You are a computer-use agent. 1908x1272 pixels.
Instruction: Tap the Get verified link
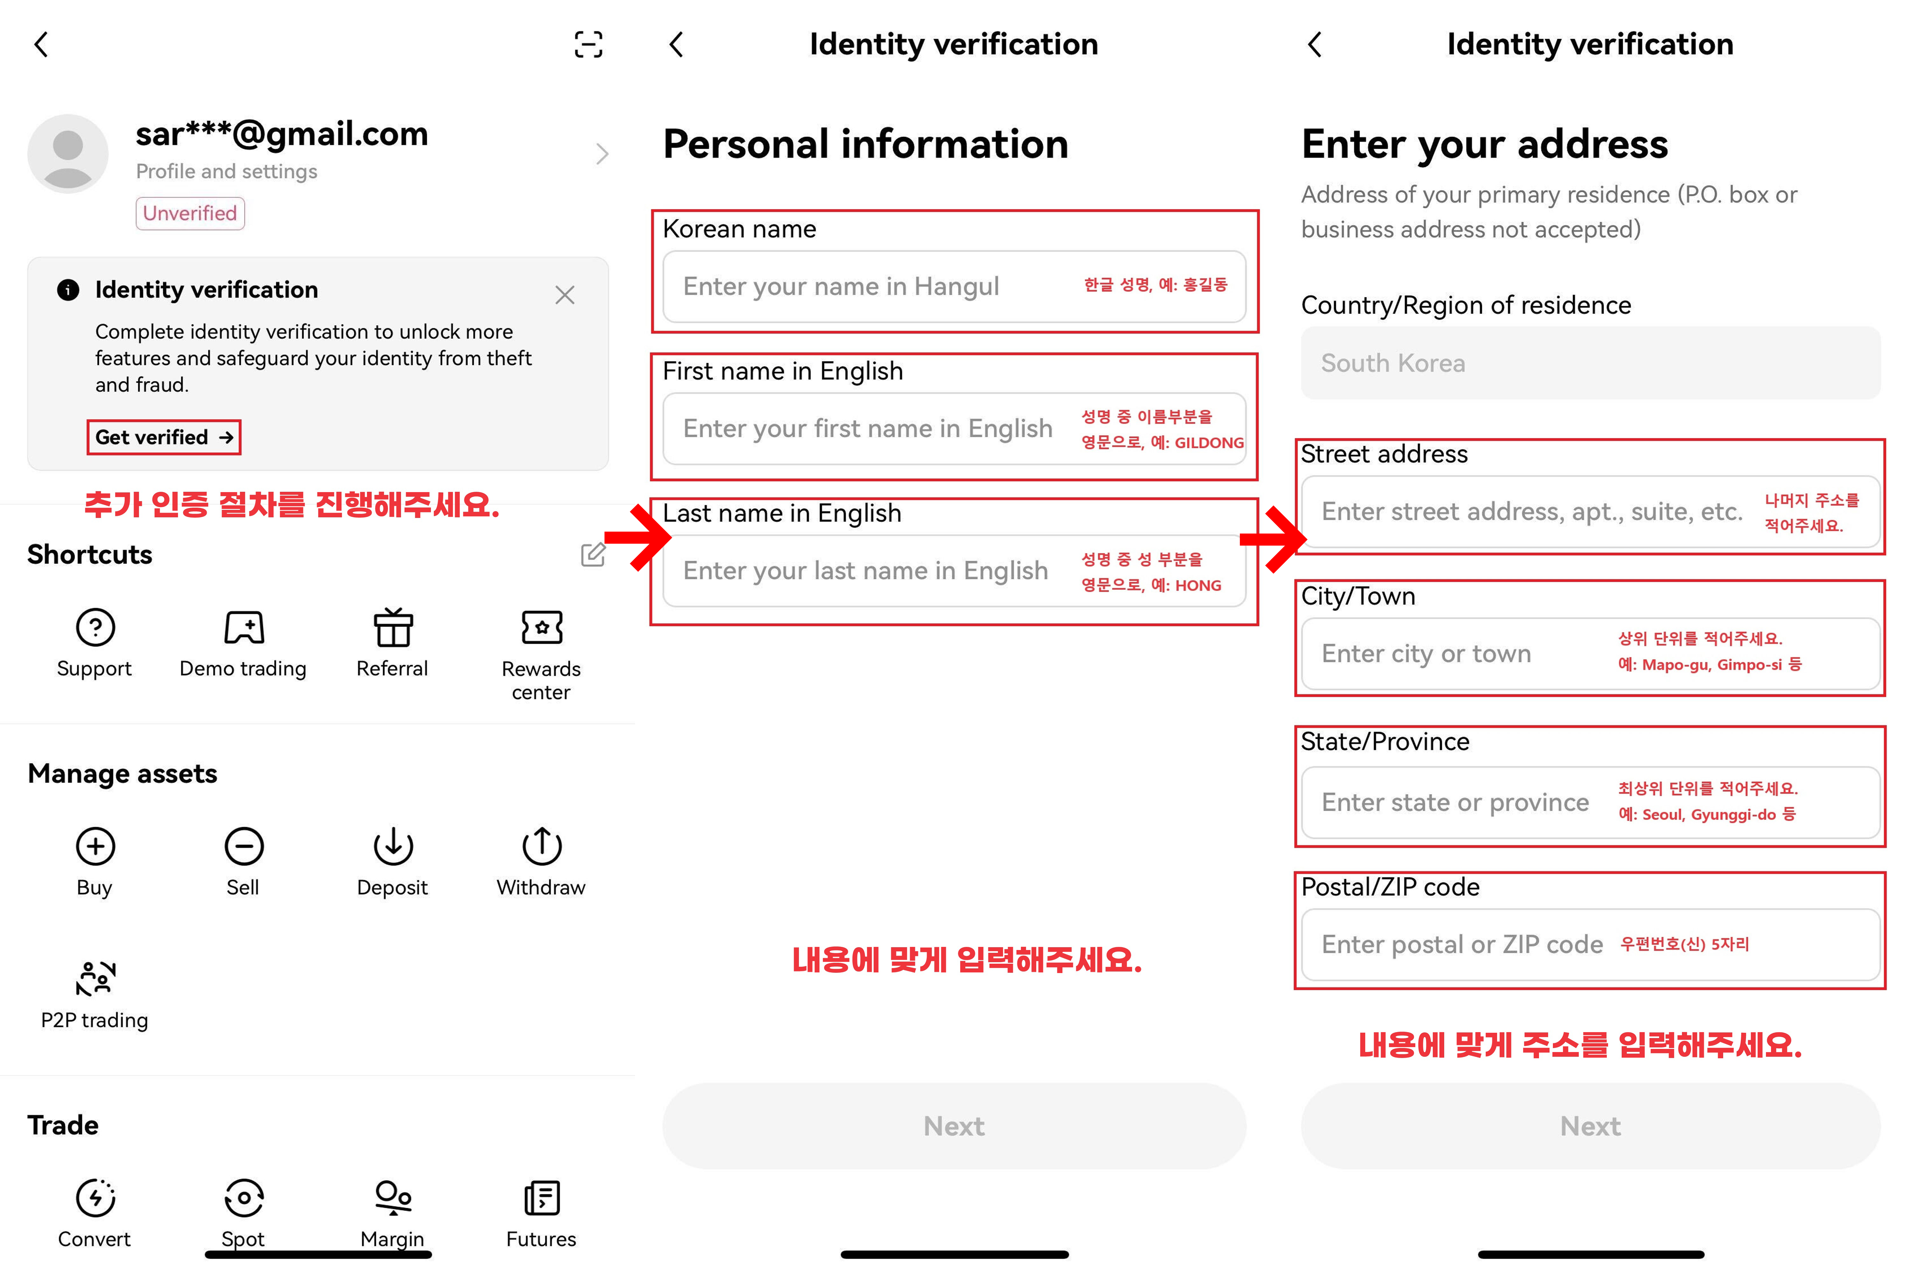tap(164, 437)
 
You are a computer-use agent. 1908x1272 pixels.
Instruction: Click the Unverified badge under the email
tap(190, 213)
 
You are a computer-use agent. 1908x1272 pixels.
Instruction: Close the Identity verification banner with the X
tap(565, 294)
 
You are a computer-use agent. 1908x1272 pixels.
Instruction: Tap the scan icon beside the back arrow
tap(588, 45)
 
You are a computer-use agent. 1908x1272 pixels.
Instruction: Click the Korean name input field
tap(954, 287)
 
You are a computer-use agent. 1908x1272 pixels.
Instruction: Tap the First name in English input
tap(954, 428)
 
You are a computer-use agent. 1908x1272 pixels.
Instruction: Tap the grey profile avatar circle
tap(68, 153)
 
